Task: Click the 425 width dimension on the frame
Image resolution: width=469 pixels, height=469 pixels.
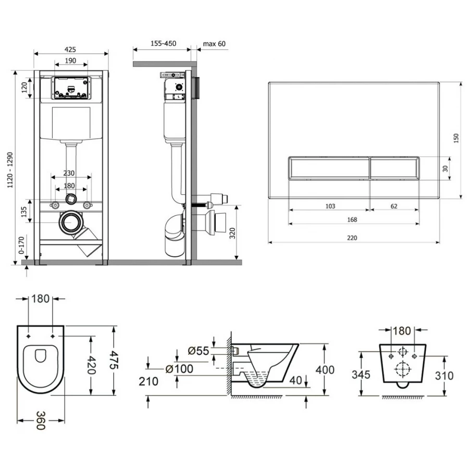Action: [70, 49]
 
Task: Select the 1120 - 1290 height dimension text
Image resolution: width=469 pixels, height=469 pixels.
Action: [11, 170]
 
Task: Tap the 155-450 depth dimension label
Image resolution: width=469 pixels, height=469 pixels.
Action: [163, 43]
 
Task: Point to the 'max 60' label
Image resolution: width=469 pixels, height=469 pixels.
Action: [214, 44]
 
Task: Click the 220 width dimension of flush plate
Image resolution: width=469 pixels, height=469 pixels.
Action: [352, 238]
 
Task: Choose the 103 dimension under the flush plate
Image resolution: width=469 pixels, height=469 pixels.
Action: [330, 206]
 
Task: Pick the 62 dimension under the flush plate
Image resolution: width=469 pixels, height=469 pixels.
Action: [394, 206]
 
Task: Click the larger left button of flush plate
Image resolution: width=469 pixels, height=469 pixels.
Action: [329, 168]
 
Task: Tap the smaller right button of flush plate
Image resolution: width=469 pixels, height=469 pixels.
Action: [394, 168]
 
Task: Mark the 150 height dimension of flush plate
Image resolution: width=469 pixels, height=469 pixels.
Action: [456, 138]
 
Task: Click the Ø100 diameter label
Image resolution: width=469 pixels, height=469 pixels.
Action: [179, 369]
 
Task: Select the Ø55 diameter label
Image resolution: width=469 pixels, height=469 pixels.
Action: [199, 351]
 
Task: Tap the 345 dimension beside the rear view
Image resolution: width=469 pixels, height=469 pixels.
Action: [361, 375]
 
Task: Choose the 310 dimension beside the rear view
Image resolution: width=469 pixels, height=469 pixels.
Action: [444, 375]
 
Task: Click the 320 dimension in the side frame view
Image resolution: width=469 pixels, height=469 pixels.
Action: [232, 233]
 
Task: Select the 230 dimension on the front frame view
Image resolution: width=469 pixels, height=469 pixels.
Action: [69, 173]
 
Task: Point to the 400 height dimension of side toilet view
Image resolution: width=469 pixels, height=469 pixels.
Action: [325, 370]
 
